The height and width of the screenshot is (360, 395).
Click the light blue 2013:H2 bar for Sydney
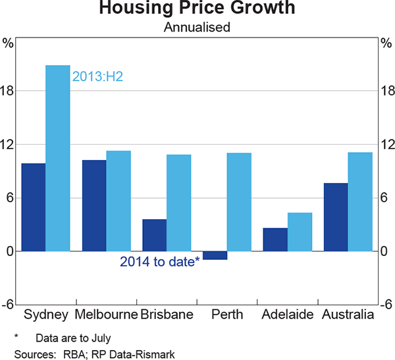[x=57, y=158]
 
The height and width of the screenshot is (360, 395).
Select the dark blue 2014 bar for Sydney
[x=34, y=207]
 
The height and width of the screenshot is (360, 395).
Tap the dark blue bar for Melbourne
[x=94, y=205]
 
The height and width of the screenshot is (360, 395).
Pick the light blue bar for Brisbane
[x=178, y=203]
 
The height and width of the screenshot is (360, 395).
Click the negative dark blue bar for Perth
[x=215, y=255]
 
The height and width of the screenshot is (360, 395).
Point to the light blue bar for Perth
[x=239, y=202]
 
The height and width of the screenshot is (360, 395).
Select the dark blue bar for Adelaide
[x=275, y=240]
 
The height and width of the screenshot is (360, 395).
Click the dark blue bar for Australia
[x=336, y=217]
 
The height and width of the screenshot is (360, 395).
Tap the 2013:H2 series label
[x=98, y=77]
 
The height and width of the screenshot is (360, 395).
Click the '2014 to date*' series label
[x=160, y=261]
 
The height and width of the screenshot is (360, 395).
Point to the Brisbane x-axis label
[x=167, y=315]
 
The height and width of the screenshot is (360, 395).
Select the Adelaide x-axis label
[x=287, y=315]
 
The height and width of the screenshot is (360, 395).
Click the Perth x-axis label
[x=227, y=315]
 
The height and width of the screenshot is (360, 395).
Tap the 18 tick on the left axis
[x=8, y=91]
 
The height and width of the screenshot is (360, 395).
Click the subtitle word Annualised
[x=197, y=28]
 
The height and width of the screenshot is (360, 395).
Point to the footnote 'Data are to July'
[x=74, y=338]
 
